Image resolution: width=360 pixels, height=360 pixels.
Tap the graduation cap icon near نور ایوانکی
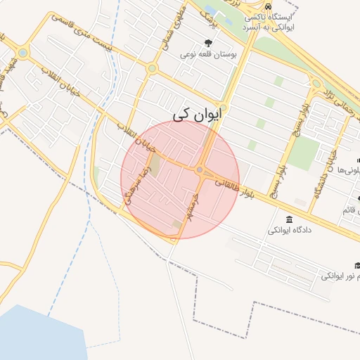point(357,265)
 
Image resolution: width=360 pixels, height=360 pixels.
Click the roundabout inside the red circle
point(200,170)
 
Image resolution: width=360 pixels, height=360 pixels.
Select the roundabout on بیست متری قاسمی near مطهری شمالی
point(152,68)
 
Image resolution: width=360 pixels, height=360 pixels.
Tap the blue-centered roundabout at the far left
point(23,52)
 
